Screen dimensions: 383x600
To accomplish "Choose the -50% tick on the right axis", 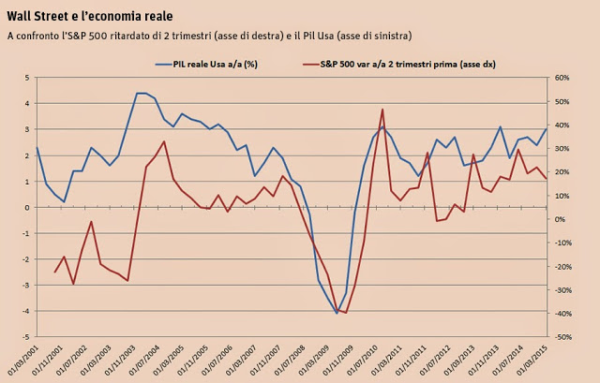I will tap(568, 336).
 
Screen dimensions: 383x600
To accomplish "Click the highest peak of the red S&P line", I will tap(382, 109).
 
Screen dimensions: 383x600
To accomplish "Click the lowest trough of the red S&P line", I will tap(346, 313).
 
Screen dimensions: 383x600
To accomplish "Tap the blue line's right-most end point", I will tap(547, 128).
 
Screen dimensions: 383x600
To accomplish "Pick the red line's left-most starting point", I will tap(55, 273).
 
